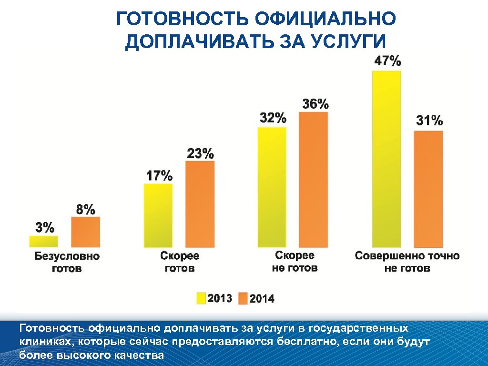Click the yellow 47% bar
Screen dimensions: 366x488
[386, 159]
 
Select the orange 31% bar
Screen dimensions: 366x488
[428, 189]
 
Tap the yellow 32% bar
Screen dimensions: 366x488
[272, 187]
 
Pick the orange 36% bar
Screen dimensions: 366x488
[314, 179]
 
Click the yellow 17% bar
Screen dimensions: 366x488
[158, 215]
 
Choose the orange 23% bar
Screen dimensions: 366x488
[200, 204]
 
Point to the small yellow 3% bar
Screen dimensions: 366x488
[43, 242]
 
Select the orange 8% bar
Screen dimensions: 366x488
[86, 232]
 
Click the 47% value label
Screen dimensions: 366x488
[386, 61]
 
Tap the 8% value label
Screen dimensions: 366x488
[86, 209]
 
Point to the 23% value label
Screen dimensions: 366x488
[200, 153]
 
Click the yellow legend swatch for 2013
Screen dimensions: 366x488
[201, 299]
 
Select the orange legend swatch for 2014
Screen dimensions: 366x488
[243, 299]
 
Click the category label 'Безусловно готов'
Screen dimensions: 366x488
[67, 262]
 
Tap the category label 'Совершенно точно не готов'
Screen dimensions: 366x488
[407, 262]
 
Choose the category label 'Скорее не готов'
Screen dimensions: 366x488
[295, 262]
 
